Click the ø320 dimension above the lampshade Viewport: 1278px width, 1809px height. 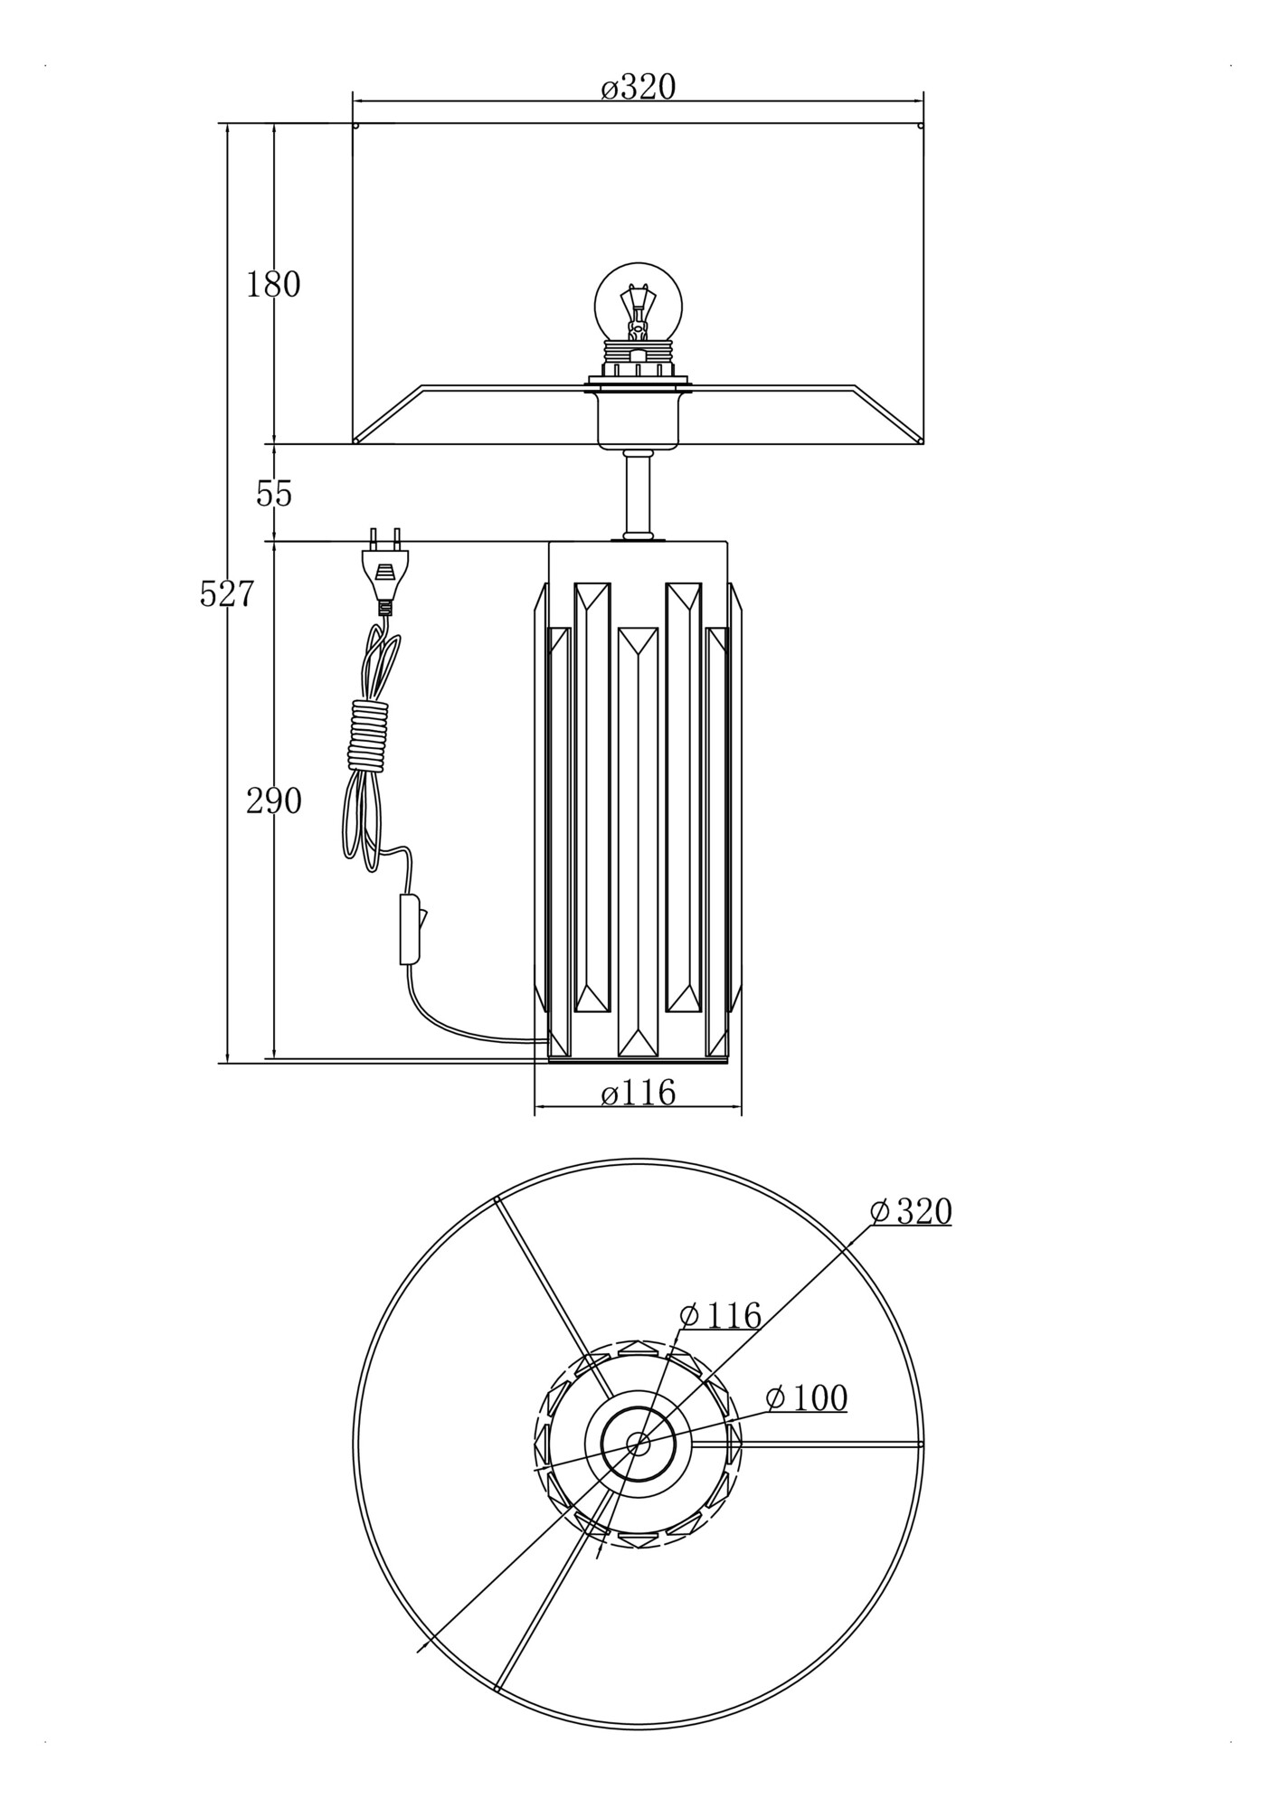pos(639,88)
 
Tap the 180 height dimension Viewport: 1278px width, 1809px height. pos(273,285)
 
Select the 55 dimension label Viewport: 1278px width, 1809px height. pos(274,494)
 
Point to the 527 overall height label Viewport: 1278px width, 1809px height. pos(227,594)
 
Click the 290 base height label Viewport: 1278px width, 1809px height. pos(274,801)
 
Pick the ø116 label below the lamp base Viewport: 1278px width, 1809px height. pos(639,1094)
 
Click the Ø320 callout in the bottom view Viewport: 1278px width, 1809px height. pos(912,1212)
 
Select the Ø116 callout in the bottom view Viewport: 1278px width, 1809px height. pos(720,1316)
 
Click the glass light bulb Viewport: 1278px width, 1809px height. pos(638,303)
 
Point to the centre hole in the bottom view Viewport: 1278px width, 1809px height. pos(638,1445)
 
